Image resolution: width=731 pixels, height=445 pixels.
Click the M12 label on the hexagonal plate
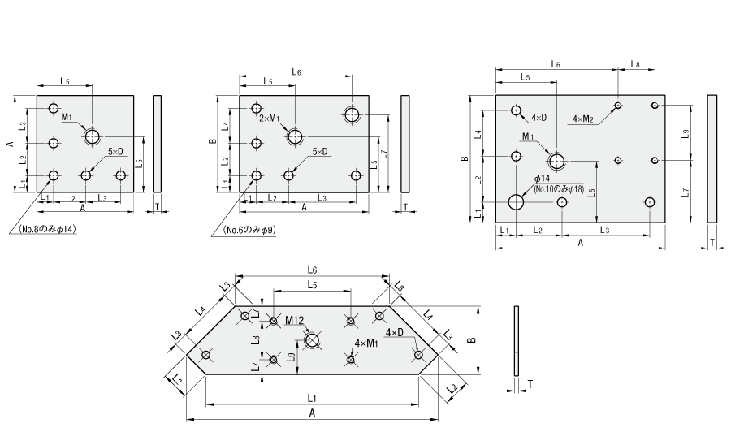point(294,320)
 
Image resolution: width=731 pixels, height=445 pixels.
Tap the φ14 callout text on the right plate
point(542,179)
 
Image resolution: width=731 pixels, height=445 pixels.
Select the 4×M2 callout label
point(582,119)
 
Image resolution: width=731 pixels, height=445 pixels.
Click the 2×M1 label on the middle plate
point(270,119)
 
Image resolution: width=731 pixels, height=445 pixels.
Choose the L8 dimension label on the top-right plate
point(635,64)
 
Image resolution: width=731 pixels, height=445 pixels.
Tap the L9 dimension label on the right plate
point(685,134)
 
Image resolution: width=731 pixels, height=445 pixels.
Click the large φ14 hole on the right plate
point(516,202)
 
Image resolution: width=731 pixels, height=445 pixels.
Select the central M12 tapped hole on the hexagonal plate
point(312,340)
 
